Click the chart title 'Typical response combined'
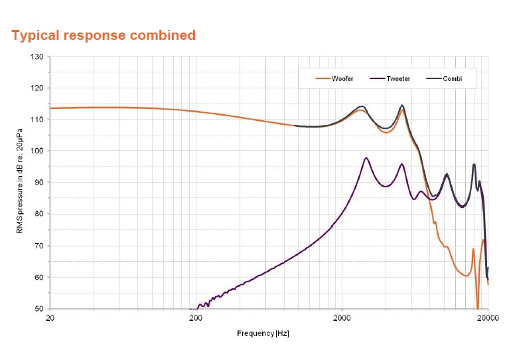click(104, 35)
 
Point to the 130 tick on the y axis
click(37, 57)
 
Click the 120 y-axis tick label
click(37, 88)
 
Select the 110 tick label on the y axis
click(37, 120)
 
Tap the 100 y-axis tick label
click(37, 151)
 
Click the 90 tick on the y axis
click(38, 183)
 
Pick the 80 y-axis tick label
click(38, 214)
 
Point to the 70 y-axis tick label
click(38, 246)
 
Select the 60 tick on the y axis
click(38, 277)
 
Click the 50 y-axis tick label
click(38, 309)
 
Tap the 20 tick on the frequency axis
click(50, 318)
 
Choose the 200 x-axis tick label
click(196, 318)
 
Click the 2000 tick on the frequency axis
click(342, 318)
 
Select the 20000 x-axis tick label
click(487, 318)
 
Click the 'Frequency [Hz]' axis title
click(263, 333)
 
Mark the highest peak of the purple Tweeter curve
click(366, 158)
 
